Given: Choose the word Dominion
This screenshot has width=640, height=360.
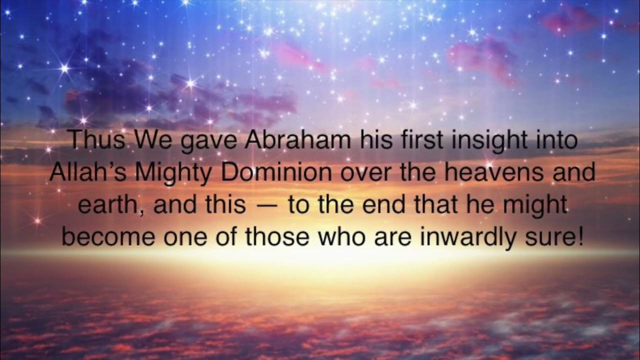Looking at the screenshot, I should coord(275,172).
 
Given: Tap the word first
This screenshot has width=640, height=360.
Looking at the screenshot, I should coord(422,140).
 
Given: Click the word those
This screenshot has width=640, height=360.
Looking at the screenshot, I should coord(278,237).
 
